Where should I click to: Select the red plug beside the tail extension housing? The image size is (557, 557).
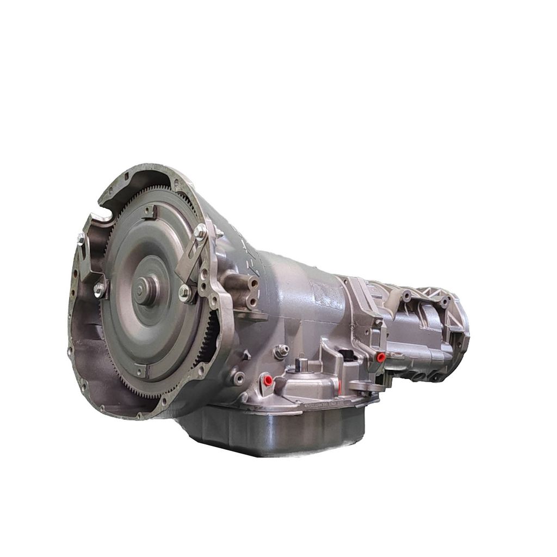pyautogui.click(x=381, y=357)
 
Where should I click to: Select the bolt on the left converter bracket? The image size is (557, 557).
pyautogui.click(x=99, y=290)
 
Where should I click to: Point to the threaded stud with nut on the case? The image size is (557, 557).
pyautogui.click(x=281, y=351)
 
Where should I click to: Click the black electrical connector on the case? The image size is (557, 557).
pyautogui.click(x=347, y=356)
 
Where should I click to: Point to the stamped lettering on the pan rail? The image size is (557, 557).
pyautogui.click(x=326, y=405)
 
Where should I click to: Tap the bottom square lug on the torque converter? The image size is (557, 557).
pyautogui.click(x=140, y=372)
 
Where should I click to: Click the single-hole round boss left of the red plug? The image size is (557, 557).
pyautogui.click(x=237, y=375)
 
